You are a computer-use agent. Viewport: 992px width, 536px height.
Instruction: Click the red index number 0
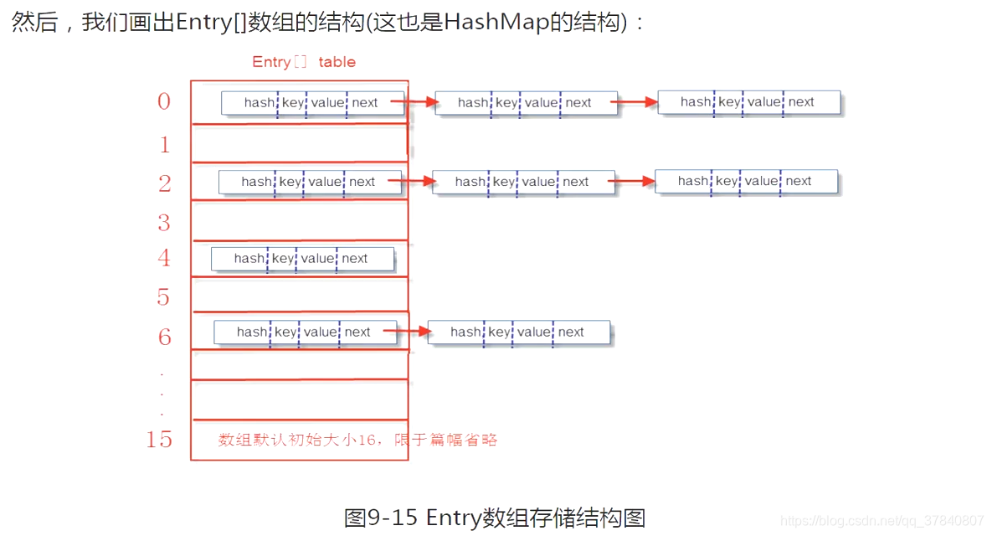164,102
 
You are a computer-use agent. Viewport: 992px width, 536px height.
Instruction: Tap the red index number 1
165,145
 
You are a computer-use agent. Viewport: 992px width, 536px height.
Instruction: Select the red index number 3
164,223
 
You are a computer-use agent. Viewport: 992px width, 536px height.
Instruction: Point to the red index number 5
163,297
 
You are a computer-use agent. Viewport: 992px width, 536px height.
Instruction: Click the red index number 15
159,440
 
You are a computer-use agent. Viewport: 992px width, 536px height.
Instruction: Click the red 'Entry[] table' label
304,62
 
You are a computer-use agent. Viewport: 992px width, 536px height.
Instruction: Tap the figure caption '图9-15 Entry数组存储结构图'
495,518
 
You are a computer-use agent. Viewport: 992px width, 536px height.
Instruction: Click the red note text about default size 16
358,440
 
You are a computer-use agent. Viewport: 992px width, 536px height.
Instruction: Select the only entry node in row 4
302,259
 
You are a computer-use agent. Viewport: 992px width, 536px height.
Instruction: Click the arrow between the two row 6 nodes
411,332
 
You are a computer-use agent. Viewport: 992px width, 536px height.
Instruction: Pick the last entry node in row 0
748,102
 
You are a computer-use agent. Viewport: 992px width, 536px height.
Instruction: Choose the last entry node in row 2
746,181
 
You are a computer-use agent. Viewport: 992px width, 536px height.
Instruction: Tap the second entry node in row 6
519,332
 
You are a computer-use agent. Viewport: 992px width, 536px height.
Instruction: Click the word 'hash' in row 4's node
249,259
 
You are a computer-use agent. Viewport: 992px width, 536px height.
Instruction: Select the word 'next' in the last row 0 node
801,102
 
